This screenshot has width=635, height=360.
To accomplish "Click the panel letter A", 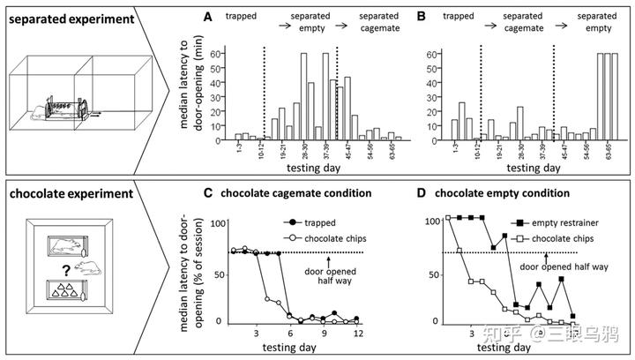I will point(208,17).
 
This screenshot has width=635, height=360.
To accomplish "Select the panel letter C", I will point(208,193).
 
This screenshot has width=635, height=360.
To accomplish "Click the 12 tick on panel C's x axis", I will point(356,334).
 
